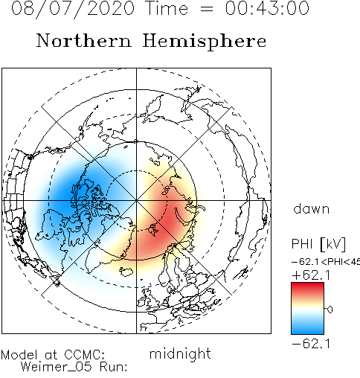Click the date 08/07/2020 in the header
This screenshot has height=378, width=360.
(x=73, y=9)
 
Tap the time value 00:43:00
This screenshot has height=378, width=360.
(x=267, y=8)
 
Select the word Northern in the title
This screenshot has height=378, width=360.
(x=84, y=40)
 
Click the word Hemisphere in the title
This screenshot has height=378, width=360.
(x=205, y=42)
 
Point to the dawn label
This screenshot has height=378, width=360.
(x=312, y=209)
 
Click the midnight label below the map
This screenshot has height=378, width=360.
(x=180, y=354)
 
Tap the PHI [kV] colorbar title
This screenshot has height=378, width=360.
(x=318, y=244)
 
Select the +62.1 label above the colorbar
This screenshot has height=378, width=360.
(x=311, y=275)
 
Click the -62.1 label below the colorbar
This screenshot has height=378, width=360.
(x=311, y=344)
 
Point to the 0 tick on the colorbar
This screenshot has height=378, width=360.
(x=330, y=310)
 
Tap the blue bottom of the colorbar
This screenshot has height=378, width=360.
(x=307, y=330)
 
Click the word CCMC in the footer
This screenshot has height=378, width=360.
(x=84, y=355)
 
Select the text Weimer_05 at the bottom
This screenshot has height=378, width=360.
(x=57, y=367)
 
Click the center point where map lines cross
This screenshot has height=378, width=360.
(x=136, y=200)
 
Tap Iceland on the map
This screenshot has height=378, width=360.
(x=126, y=272)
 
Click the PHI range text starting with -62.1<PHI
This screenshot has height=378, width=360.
(x=326, y=262)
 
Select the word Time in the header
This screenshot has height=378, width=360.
(x=167, y=8)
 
